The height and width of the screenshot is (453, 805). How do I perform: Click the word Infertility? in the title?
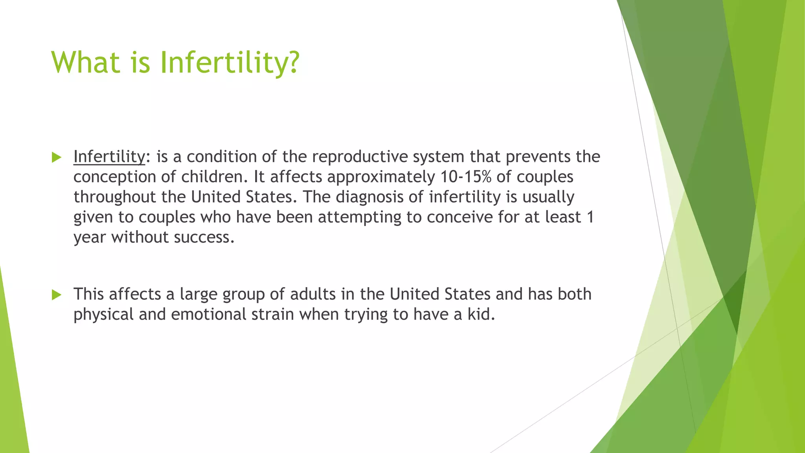pyautogui.click(x=230, y=63)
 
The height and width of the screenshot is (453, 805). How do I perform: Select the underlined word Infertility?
pyautogui.click(x=109, y=157)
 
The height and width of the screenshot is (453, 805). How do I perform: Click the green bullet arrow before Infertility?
pyautogui.click(x=57, y=158)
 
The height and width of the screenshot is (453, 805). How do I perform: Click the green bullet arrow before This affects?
pyautogui.click(x=57, y=295)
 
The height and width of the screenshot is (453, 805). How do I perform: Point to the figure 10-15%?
pyautogui.click(x=465, y=177)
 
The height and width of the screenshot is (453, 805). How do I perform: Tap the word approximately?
pyautogui.click(x=381, y=177)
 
